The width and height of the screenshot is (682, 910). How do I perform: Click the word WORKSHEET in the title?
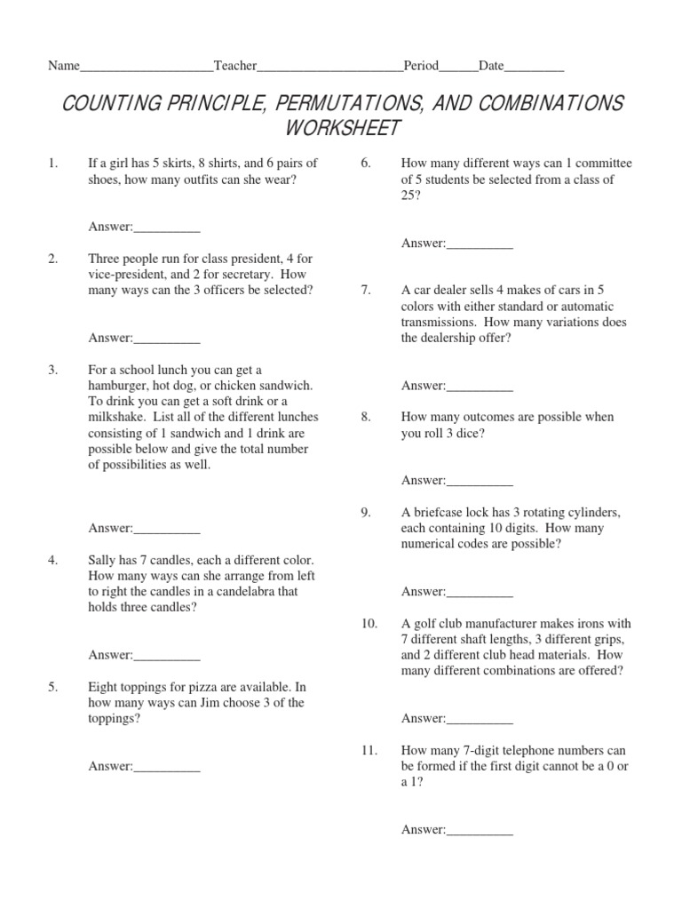click(342, 128)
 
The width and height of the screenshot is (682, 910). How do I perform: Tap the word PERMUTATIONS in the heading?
click(351, 102)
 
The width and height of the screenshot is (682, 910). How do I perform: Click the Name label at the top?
click(63, 66)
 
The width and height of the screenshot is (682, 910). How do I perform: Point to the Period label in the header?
click(421, 66)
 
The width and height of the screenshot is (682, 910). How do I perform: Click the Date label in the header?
click(491, 66)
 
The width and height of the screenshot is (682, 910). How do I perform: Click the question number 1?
click(52, 163)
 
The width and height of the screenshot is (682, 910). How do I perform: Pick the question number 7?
click(365, 290)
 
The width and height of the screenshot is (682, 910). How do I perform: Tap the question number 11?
click(369, 750)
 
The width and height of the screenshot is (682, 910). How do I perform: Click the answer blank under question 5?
click(167, 767)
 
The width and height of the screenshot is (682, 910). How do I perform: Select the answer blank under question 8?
click(480, 481)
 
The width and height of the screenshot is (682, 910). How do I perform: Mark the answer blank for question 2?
click(167, 338)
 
